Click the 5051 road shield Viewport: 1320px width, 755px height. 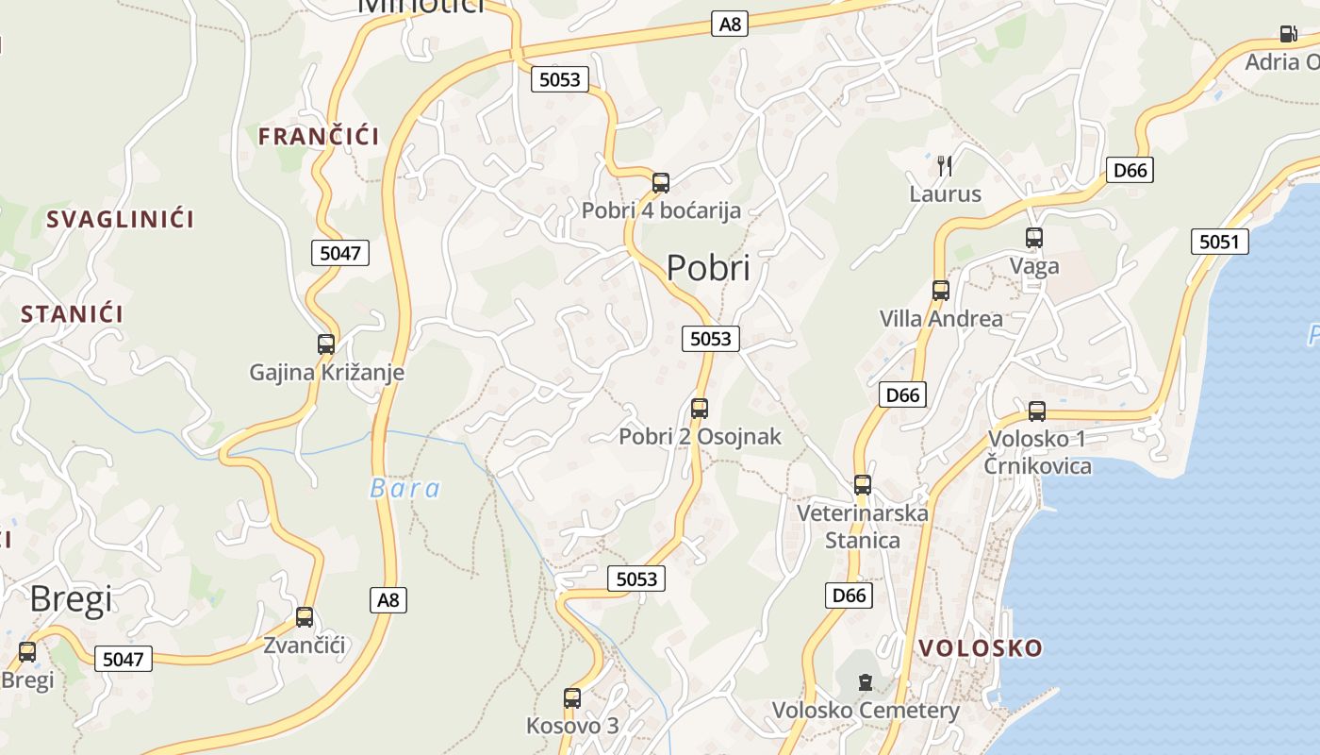click(x=1218, y=242)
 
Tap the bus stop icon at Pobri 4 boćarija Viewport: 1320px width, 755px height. click(x=661, y=183)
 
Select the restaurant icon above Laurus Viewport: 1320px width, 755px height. click(x=945, y=166)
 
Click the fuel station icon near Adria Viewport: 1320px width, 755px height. click(x=1288, y=35)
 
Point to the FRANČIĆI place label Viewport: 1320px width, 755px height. click(x=319, y=136)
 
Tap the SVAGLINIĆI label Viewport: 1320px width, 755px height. click(x=120, y=219)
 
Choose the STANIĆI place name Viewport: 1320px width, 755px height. click(x=72, y=313)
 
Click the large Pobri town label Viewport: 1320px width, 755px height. click(x=708, y=268)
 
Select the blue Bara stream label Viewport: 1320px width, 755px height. click(x=404, y=488)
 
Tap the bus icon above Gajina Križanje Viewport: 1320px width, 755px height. click(x=326, y=344)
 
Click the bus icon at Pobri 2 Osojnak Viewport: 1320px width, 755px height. click(x=700, y=409)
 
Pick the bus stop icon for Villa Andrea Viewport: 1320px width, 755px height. click(x=940, y=291)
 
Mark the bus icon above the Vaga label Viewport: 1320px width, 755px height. click(x=1034, y=238)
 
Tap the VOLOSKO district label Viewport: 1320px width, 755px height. click(x=981, y=647)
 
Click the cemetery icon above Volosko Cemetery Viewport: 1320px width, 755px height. click(x=865, y=681)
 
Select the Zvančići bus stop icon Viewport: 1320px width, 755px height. click(x=305, y=617)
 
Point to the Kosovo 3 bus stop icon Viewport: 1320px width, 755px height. click(x=572, y=698)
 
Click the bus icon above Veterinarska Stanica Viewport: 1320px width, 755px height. click(x=863, y=485)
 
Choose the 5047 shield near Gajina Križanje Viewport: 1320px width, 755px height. click(x=339, y=252)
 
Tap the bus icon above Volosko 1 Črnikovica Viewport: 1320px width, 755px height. click(x=1037, y=411)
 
